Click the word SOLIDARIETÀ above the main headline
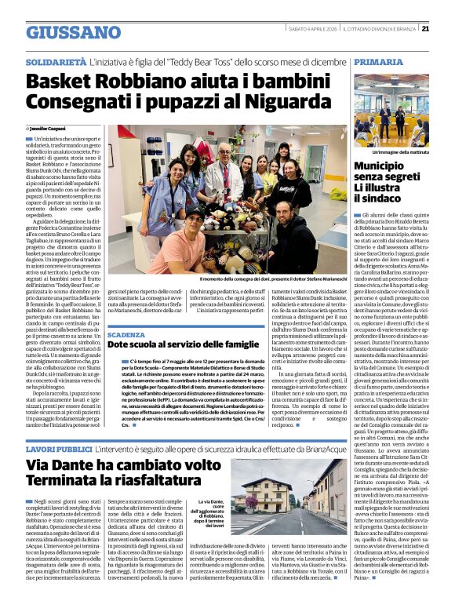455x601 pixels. (x=56, y=60)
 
